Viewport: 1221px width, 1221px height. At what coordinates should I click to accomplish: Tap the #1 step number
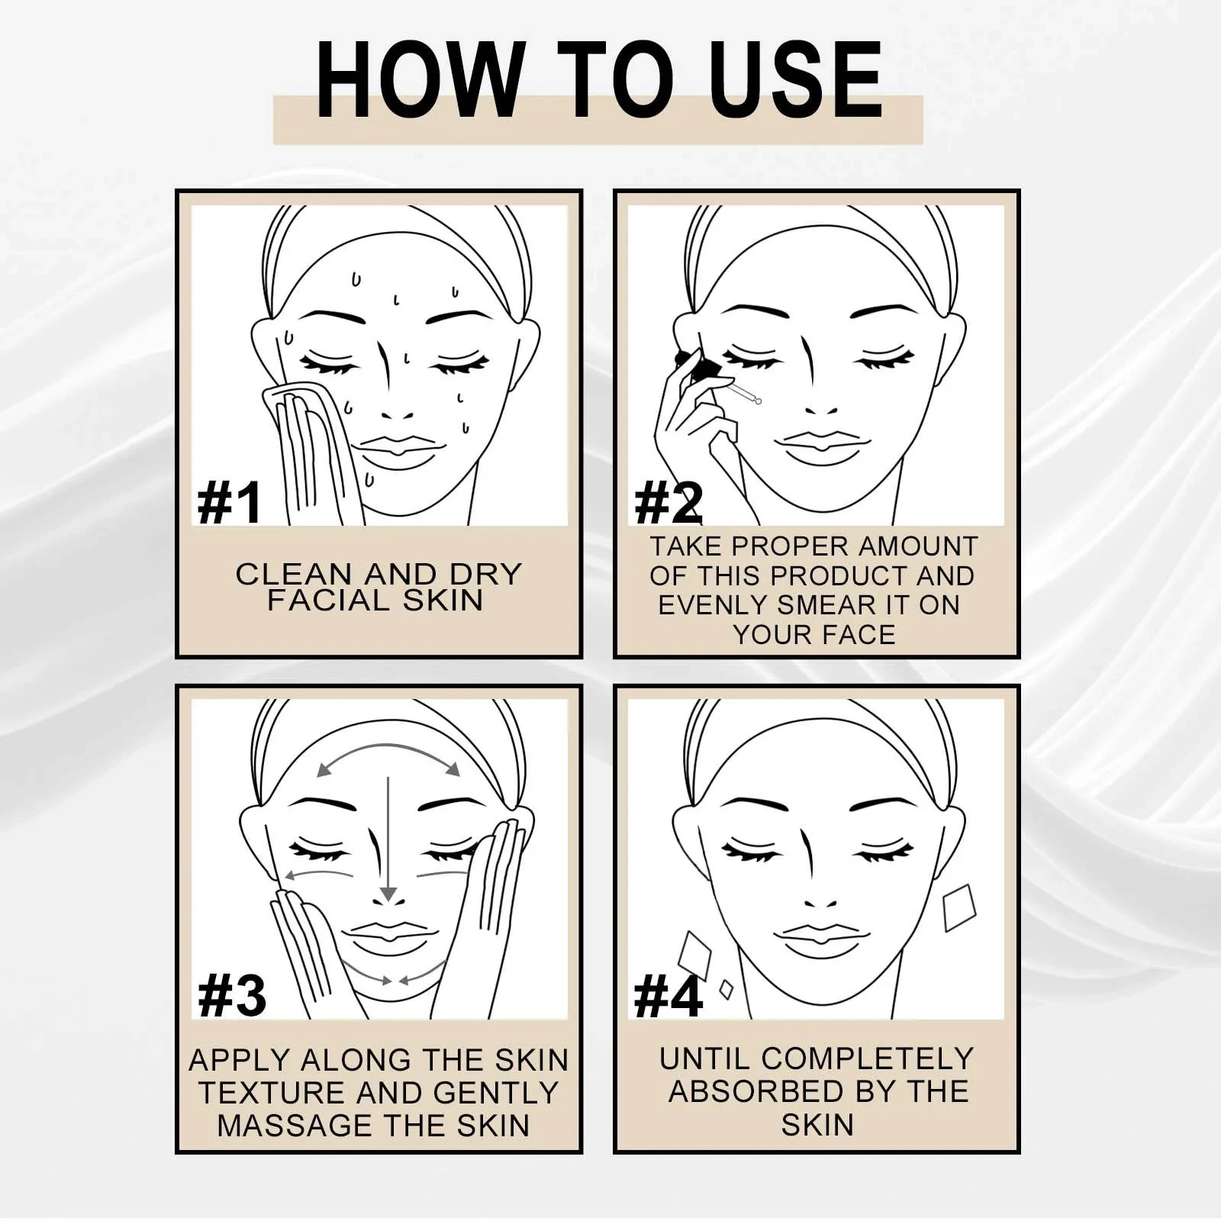click(x=229, y=503)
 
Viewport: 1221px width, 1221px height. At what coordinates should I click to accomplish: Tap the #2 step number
click(x=668, y=503)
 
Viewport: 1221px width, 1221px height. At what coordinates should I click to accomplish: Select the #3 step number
click(x=231, y=997)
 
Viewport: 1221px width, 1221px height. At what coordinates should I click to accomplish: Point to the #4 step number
click(x=668, y=997)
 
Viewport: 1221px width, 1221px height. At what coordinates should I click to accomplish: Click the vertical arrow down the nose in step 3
click(x=388, y=839)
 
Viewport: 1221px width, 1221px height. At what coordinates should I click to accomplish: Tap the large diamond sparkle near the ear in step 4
click(x=959, y=908)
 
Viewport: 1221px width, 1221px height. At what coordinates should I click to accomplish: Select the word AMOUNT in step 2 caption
click(x=917, y=546)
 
